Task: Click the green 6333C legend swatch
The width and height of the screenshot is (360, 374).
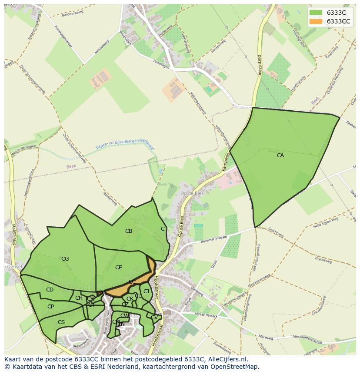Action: click(316, 13)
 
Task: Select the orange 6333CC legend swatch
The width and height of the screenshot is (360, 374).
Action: click(316, 21)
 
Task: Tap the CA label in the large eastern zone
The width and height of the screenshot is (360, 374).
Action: click(280, 155)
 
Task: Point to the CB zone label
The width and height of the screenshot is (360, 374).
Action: click(129, 231)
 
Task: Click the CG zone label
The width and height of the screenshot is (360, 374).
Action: click(65, 259)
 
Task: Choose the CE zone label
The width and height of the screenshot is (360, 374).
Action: click(119, 268)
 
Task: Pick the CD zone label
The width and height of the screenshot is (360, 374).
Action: click(50, 290)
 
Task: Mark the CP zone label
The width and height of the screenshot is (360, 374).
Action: click(50, 307)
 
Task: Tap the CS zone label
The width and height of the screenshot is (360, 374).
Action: click(61, 322)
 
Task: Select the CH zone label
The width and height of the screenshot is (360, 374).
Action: click(79, 298)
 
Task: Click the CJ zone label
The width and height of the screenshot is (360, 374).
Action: click(146, 291)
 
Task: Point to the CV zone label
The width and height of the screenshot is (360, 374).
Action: click(154, 318)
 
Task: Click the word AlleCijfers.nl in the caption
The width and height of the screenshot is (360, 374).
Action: click(227, 359)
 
